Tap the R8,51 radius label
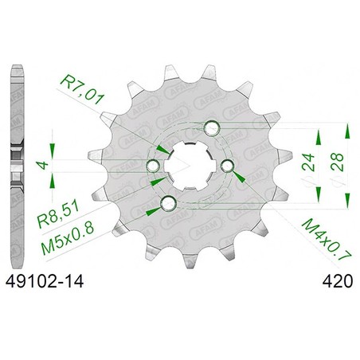[58, 214]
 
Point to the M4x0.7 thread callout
[327, 241]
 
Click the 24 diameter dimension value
[308, 162]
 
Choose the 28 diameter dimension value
[337, 162]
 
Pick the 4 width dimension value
[42, 165]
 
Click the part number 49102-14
[45, 281]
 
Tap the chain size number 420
[338, 281]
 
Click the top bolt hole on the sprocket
[212, 128]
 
